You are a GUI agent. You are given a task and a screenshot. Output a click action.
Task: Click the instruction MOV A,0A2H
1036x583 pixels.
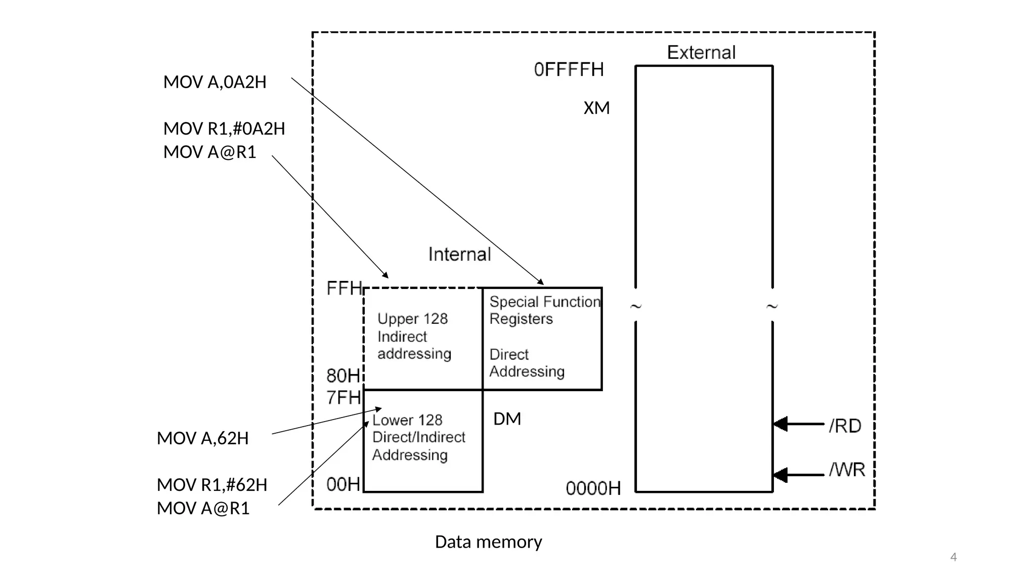[x=214, y=82]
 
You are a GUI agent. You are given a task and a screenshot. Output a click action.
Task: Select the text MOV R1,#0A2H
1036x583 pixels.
[x=224, y=129]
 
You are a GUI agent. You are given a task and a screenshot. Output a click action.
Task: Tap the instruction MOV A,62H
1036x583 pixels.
[x=202, y=438]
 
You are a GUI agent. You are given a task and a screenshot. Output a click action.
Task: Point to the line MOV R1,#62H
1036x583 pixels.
[x=212, y=485]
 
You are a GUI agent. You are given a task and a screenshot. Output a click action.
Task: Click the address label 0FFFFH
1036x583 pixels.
[x=569, y=69]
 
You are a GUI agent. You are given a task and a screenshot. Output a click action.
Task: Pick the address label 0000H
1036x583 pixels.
[x=593, y=488]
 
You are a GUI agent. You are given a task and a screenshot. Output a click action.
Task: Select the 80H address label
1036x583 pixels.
[x=343, y=376]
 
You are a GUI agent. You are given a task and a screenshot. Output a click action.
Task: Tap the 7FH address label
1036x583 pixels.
[x=343, y=398]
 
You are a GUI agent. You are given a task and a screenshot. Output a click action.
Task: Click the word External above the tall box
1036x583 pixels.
[x=701, y=53]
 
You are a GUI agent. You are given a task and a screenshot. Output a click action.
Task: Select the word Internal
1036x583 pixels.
[x=459, y=254]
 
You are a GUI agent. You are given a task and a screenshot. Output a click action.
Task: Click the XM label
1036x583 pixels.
[x=596, y=108]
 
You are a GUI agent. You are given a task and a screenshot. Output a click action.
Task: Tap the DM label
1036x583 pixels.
[x=507, y=419]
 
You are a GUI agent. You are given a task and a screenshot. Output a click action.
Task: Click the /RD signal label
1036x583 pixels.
[x=845, y=426]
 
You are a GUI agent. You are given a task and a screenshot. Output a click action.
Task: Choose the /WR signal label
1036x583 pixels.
[x=847, y=470]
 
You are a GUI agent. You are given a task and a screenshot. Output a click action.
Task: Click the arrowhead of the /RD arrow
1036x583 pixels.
[x=781, y=424]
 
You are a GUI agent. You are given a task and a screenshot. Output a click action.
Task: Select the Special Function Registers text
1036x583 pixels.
[x=544, y=310]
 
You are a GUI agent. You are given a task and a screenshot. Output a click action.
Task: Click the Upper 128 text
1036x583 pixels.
[x=412, y=319]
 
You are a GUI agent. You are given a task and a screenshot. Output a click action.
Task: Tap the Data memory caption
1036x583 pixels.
[x=488, y=542]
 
